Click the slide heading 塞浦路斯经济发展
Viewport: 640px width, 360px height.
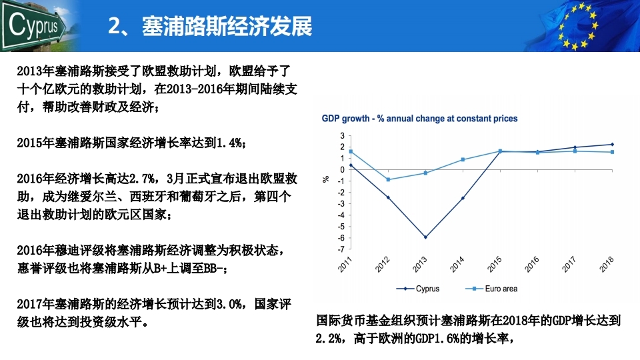(x=227, y=26)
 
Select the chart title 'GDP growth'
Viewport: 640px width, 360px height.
(x=345, y=119)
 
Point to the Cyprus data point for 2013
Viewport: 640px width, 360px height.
(x=425, y=237)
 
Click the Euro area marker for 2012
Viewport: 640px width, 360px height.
(x=388, y=179)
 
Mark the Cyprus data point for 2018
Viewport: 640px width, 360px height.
(x=612, y=145)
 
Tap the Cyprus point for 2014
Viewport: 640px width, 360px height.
(x=463, y=199)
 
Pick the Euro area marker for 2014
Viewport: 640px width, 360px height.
(x=463, y=159)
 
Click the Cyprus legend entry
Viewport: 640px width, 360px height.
(x=418, y=289)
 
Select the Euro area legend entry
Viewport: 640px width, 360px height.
(x=491, y=289)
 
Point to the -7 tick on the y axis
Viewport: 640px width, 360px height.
(x=341, y=249)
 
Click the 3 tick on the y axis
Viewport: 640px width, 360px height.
(x=342, y=135)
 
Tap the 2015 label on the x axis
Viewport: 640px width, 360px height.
(x=495, y=265)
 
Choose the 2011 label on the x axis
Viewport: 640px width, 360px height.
(x=345, y=265)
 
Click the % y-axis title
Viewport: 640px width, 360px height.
(x=326, y=179)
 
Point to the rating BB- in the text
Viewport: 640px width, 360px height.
(x=213, y=269)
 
